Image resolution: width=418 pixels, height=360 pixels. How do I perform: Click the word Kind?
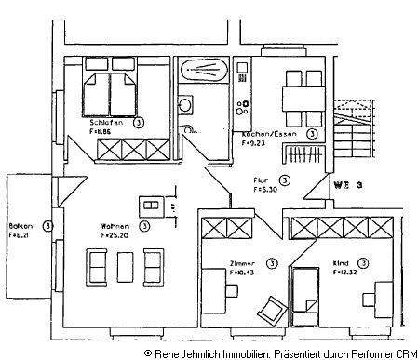click(341, 263)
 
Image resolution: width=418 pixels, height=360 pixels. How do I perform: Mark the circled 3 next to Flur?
click(285, 180)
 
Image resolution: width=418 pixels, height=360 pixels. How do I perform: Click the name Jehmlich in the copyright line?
click(213, 353)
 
